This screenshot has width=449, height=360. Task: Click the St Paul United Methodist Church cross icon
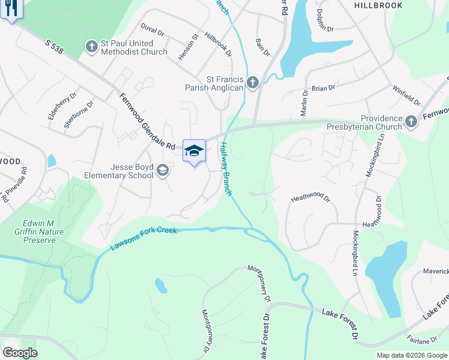pos(92,46)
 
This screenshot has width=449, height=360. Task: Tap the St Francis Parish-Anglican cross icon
pos(253,82)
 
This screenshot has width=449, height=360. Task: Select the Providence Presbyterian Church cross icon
pos(411,122)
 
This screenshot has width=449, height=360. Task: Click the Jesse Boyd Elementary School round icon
pos(162,172)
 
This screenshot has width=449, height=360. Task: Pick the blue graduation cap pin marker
pos(194,151)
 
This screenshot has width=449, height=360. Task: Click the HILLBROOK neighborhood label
pos(378,5)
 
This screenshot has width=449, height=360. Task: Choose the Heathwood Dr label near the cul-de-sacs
pos(310,197)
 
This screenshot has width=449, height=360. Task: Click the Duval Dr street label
pos(152,29)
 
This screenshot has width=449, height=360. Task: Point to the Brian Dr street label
pos(323,88)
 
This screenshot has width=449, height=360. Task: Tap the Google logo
pos(20,353)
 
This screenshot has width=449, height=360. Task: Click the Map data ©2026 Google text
pos(411,355)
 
